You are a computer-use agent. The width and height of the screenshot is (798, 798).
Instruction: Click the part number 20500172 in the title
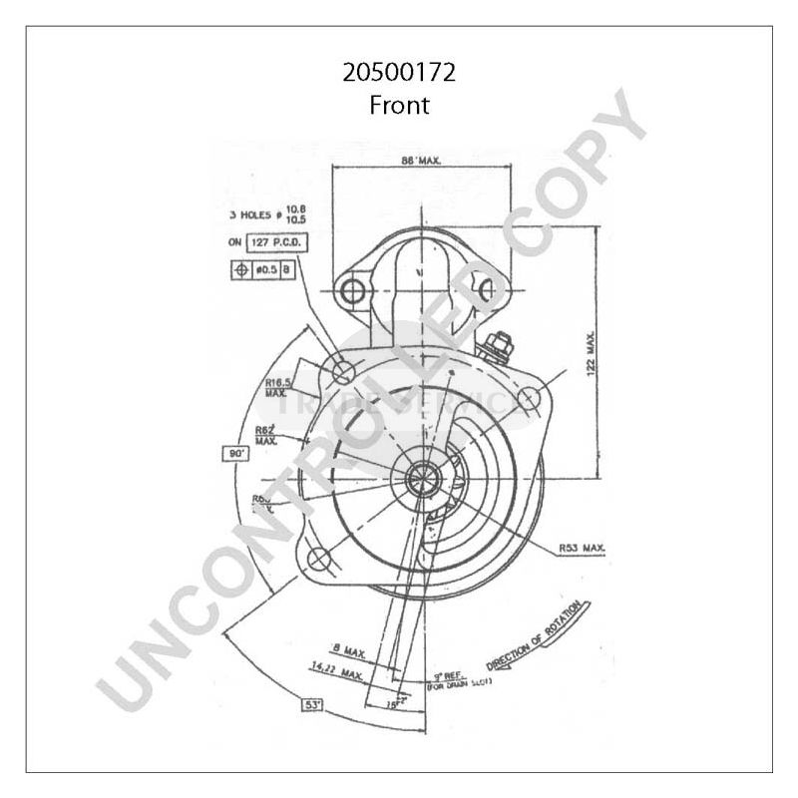399,73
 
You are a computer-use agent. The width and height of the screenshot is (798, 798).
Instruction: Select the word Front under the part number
399,104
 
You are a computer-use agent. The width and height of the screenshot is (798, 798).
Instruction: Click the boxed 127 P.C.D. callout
279,242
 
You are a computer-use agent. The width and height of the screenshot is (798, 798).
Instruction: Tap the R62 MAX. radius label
266,434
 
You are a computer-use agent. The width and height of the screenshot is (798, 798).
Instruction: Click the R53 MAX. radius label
582,549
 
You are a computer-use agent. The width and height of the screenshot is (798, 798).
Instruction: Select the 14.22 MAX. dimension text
336,675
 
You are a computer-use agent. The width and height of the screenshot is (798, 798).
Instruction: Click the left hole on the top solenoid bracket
349,291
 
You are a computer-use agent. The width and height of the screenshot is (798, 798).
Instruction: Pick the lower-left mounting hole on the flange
318,559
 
